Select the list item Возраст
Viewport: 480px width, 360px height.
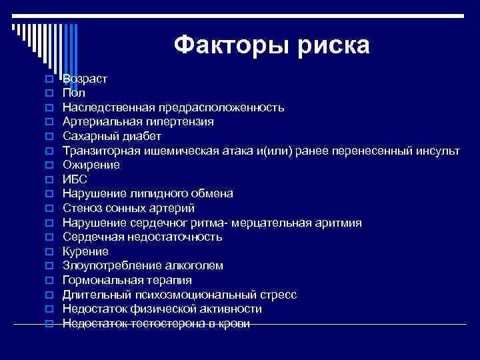point(85,79)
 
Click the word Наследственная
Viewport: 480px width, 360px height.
point(103,107)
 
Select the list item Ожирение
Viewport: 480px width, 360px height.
point(91,165)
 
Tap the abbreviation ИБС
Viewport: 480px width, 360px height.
point(75,179)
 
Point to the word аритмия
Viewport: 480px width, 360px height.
point(336,223)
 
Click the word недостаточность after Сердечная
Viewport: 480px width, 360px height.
point(176,237)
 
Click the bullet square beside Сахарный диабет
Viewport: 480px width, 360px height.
point(49,137)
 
